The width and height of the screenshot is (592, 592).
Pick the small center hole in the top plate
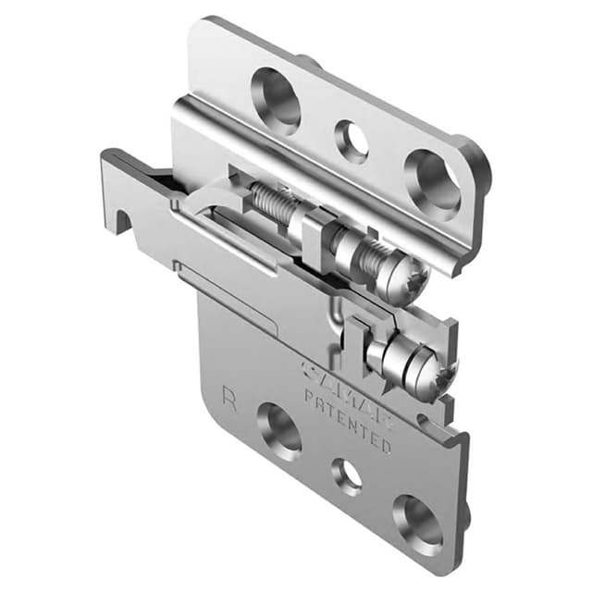click(351, 141)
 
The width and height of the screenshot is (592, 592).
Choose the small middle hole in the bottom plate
click(347, 475)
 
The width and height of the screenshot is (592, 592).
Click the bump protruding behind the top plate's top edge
click(309, 63)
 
